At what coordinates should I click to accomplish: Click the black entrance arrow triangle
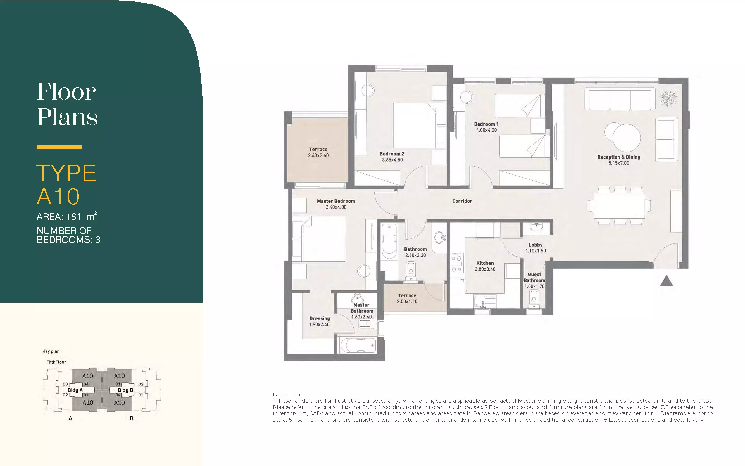(667, 281)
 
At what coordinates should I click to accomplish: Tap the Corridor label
(462, 201)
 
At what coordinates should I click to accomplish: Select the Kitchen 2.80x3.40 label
(485, 266)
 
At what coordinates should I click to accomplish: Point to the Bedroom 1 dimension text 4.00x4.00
(486, 130)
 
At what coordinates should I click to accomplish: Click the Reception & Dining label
(619, 157)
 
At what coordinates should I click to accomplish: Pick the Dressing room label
(319, 318)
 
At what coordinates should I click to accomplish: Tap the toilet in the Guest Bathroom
(534, 298)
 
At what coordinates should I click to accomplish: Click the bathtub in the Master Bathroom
(358, 345)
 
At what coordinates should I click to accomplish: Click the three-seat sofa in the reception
(620, 99)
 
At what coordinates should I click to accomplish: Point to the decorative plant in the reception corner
(668, 98)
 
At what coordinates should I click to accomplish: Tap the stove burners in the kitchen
(456, 263)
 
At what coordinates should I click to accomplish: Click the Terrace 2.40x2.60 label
(318, 152)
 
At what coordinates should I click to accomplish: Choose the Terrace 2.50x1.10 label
(407, 298)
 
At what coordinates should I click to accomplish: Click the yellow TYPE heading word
(66, 173)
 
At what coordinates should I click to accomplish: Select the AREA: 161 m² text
(66, 216)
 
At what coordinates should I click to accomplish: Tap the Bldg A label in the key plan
(75, 390)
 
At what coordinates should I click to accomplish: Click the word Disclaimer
(287, 394)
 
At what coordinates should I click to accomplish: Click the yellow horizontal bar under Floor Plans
(59, 147)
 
